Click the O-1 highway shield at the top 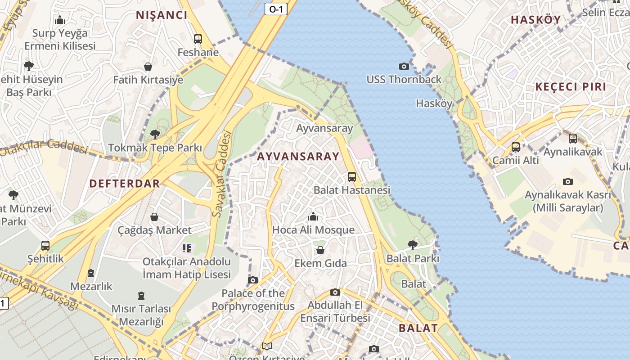click(276, 9)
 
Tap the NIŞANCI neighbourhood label click(162, 15)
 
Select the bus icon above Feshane click(198, 39)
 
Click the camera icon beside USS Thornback click(404, 67)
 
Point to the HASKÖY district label click(536, 20)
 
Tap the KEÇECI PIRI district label click(571, 87)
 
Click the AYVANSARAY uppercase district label click(298, 157)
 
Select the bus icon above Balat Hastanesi click(352, 176)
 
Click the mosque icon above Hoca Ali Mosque click(313, 217)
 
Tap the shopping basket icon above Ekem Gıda click(320, 250)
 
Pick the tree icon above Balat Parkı click(412, 245)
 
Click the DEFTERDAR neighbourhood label click(125, 184)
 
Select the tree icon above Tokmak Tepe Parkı click(155, 134)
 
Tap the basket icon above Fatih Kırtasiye click(148, 67)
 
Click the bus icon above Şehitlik click(45, 246)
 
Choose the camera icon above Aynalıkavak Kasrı click(568, 182)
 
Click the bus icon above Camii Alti click(516, 147)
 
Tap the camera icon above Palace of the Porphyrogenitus click(253, 280)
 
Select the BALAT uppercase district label click(418, 328)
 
